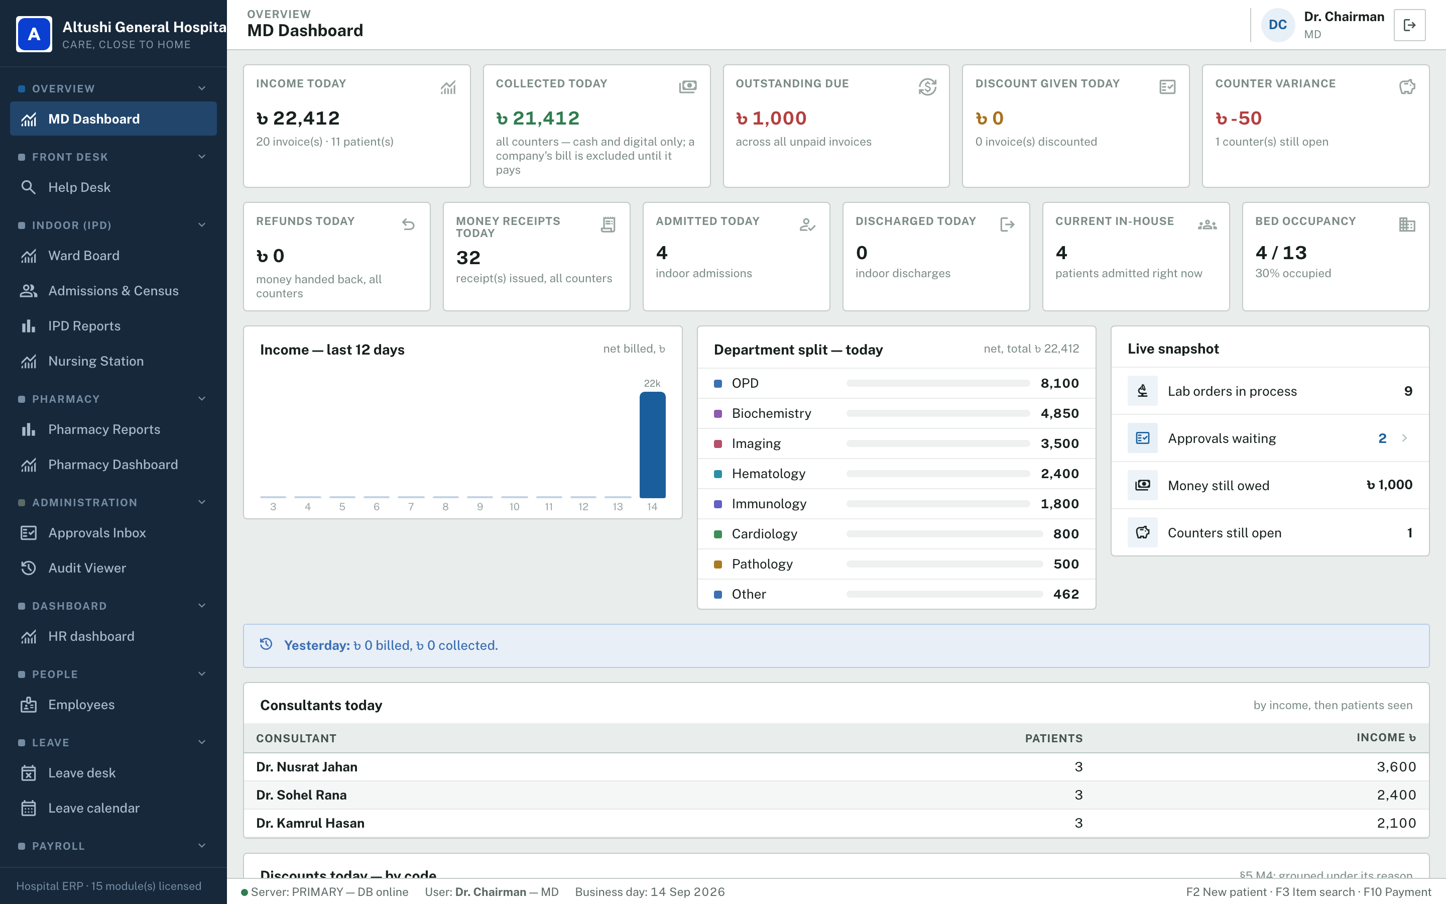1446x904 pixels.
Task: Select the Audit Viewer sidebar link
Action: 87,568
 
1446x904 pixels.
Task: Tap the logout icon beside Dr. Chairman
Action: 1409,25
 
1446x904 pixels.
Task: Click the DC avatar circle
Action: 1277,25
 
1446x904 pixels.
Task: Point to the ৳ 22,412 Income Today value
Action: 298,119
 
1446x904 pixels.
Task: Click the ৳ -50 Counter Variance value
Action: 1238,119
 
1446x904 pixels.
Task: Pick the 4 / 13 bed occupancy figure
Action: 1281,253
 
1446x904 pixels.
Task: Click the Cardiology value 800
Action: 1066,534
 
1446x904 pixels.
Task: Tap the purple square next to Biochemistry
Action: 718,414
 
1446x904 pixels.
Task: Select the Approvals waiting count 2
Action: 1382,438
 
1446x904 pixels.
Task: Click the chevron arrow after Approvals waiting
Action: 1404,438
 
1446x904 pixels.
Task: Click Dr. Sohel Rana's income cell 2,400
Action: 1396,795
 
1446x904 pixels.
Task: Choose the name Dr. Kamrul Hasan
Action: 310,823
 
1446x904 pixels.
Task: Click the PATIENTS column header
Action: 1053,738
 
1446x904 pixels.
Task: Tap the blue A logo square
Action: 34,34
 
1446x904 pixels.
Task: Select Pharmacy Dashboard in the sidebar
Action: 113,465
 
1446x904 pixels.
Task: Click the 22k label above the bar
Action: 652,383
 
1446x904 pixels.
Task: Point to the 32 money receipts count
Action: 468,258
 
